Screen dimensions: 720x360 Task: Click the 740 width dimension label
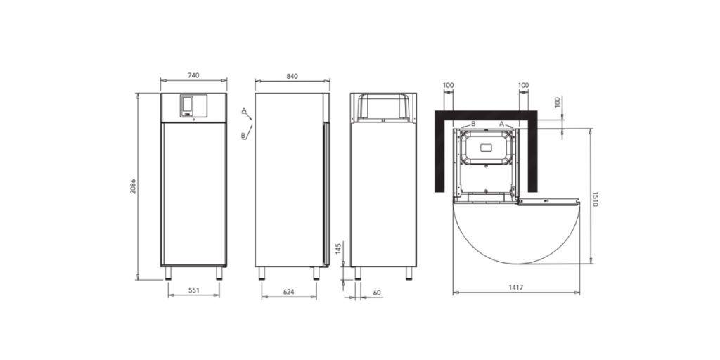(194, 76)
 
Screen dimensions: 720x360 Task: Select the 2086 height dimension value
(133, 186)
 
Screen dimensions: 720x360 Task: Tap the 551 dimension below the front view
(194, 290)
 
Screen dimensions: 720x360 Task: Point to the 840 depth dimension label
(292, 76)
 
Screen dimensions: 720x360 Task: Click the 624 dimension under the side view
(288, 291)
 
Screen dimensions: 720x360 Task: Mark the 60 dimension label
(377, 292)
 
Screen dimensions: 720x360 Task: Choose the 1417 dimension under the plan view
(516, 288)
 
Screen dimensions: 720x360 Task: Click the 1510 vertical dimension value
(595, 199)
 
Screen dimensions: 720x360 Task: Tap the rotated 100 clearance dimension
(558, 102)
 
